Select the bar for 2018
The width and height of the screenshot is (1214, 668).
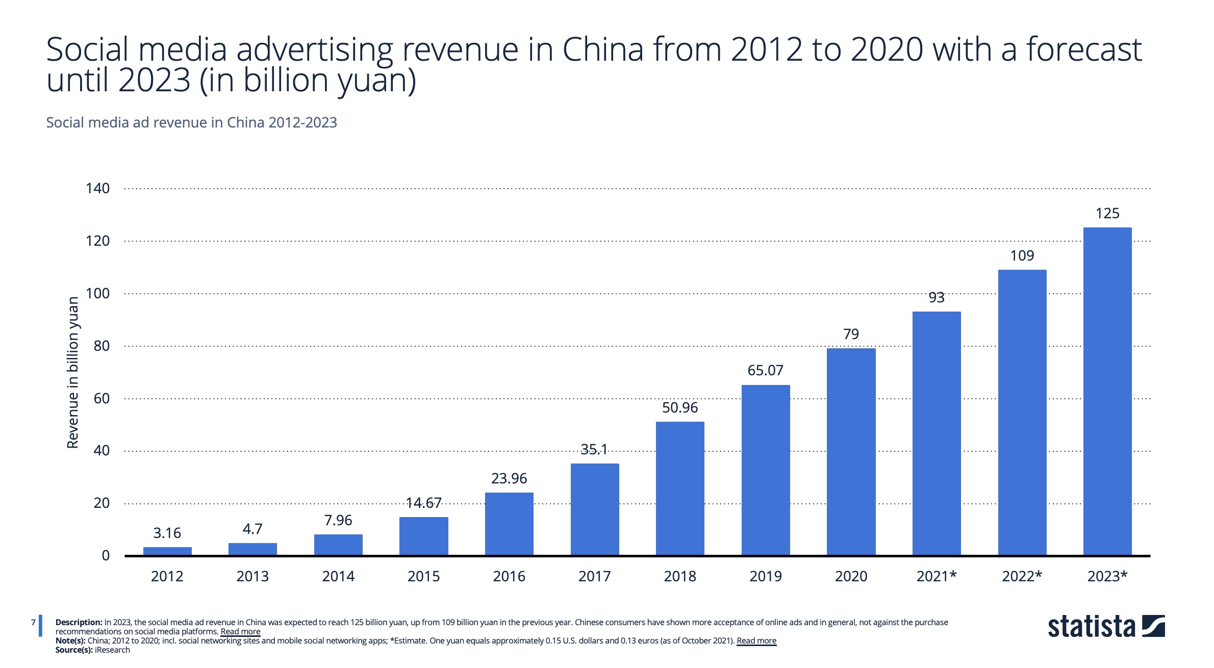[680, 489]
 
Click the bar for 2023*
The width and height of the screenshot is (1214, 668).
[1107, 392]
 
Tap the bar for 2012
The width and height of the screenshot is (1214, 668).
[167, 551]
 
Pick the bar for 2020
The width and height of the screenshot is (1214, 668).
[851, 452]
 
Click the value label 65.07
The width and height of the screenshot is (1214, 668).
[765, 370]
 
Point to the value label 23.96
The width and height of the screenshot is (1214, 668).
[509, 478]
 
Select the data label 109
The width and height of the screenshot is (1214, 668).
[1022, 255]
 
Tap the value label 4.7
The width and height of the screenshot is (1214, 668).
[252, 529]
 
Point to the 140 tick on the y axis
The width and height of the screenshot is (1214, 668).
[97, 188]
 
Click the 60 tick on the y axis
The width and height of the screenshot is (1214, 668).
[102, 398]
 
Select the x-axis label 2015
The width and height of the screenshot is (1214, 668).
[423, 576]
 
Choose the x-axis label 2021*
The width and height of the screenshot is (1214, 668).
[937, 576]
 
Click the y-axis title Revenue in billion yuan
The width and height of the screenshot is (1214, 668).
[73, 372]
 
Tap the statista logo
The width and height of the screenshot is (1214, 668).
[1106, 627]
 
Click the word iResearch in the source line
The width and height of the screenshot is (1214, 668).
[112, 650]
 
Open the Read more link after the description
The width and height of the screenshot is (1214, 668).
[240, 632]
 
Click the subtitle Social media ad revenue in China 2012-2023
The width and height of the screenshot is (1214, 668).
[191, 122]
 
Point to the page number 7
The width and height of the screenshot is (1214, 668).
[33, 622]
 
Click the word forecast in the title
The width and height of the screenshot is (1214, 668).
[1083, 49]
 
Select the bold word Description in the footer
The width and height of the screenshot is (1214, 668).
[79, 623]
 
